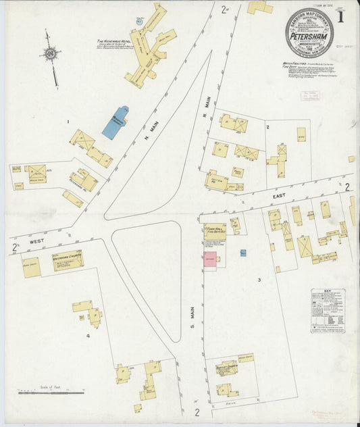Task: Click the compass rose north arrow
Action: pyautogui.click(x=50, y=54)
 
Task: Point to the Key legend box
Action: pyautogui.click(x=328, y=311)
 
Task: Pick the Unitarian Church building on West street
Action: pyautogui.click(x=68, y=260)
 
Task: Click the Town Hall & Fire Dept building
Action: pyautogui.click(x=215, y=232)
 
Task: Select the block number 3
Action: pyautogui.click(x=259, y=279)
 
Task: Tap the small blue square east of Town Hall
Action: pyautogui.click(x=243, y=253)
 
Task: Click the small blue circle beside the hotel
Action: pyautogui.click(x=140, y=22)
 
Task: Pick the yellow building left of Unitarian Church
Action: pyautogui.click(x=31, y=267)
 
